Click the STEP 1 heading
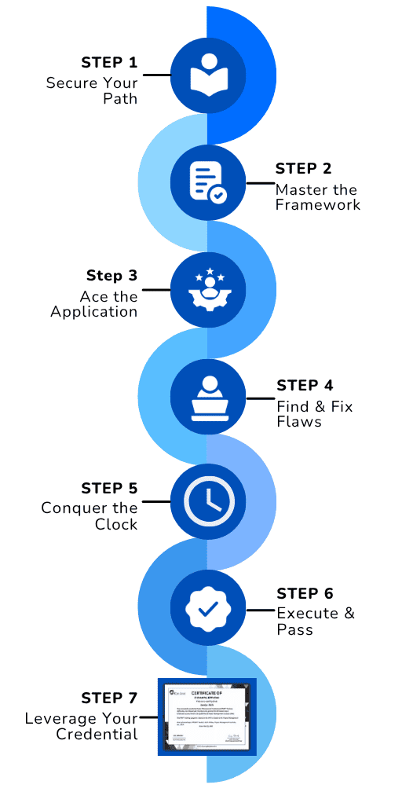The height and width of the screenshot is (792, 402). pos(109,62)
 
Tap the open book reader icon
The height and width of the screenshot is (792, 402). pos(208,75)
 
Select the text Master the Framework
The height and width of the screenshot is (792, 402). pos(317,197)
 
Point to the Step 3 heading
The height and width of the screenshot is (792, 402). pos(111,276)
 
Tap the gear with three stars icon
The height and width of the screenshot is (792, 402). pos(208,290)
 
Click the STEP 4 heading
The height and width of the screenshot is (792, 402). pos(305,386)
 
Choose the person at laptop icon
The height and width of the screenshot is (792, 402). pos(208,398)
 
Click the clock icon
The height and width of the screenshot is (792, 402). pos(208,501)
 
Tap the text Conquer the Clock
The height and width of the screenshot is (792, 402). pos(90,516)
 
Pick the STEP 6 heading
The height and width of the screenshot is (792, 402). pos(305,593)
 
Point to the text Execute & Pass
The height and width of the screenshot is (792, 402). pos(315,621)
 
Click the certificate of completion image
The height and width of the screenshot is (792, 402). pos(207,717)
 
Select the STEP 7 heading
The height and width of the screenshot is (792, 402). pos(109,698)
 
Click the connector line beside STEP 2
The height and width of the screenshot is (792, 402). pos(259,184)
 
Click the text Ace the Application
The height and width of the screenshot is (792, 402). pos(94,304)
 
